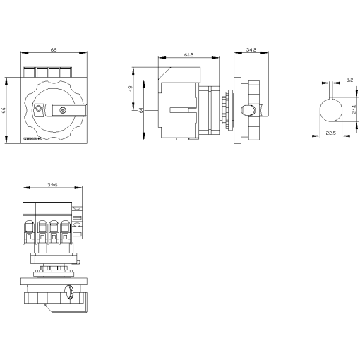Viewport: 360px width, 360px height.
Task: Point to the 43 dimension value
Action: click(x=131, y=88)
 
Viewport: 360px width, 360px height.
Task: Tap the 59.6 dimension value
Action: click(x=52, y=186)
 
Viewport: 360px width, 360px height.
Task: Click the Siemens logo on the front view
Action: click(x=34, y=140)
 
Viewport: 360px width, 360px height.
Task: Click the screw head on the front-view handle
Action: click(x=64, y=111)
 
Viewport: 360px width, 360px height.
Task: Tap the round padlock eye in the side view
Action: click(x=249, y=110)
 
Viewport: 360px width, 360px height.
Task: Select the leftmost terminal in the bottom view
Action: click(x=30, y=229)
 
